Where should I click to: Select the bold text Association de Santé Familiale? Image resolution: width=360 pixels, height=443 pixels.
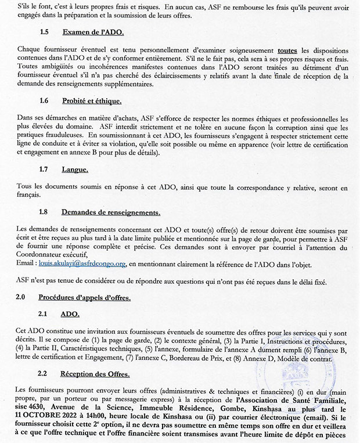[x=295, y=395]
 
